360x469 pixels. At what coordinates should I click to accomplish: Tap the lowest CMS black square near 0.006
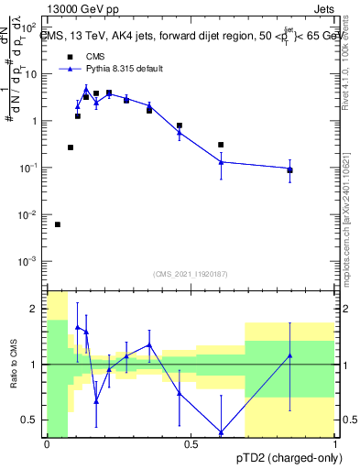pos(58,224)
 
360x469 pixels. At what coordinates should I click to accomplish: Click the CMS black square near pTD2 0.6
pos(221,145)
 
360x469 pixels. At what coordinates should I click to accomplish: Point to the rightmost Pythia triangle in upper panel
pos(289,169)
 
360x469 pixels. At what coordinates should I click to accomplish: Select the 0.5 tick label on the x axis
pos(191,445)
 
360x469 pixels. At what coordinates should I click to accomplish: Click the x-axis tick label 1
pos(334,445)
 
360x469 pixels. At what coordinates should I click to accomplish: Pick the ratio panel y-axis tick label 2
pos(37,310)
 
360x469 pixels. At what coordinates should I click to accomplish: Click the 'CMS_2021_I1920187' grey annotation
pos(190,274)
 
